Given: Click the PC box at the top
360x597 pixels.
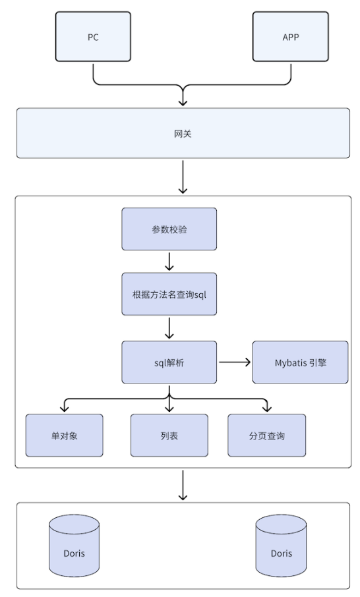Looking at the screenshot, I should pos(93,38).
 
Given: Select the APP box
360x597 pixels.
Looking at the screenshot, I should pos(290,38).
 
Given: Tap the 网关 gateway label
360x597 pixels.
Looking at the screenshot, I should pos(183,134).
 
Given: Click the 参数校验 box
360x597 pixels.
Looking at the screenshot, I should pos(169,229).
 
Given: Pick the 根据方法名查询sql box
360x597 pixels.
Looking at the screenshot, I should pos(169,294).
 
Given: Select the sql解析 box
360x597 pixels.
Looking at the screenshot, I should pos(169,362).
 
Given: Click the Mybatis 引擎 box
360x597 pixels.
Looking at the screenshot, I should pos(300,362).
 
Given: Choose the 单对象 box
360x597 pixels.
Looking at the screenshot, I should pos(64,436).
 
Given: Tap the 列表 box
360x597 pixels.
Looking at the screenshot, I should pos(169,436).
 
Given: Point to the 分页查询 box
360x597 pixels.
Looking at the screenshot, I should pos(266,436).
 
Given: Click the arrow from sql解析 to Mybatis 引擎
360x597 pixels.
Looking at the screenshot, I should pos(234,362).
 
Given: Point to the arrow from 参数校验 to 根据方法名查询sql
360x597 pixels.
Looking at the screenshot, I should pos(169,261).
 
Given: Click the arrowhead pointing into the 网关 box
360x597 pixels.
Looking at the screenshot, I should pos(183,102).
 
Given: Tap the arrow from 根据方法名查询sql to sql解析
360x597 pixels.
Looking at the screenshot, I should pos(169,327).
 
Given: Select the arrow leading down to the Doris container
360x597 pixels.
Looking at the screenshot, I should pos(183,485).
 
